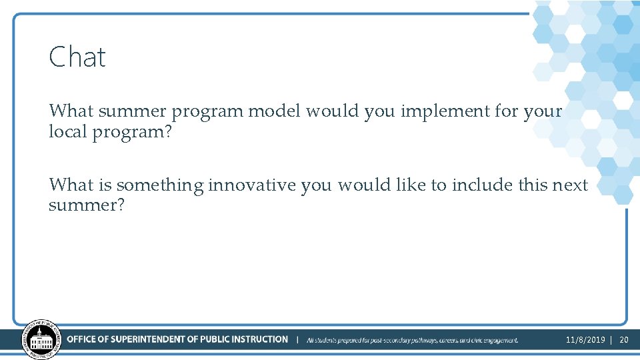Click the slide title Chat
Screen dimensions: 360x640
tap(77, 57)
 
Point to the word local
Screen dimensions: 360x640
tap(68, 131)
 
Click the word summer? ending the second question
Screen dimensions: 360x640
tap(87, 205)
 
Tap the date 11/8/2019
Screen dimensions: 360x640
tap(585, 340)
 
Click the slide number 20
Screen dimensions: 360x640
tap(624, 340)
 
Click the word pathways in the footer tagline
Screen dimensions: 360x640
tap(419, 340)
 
